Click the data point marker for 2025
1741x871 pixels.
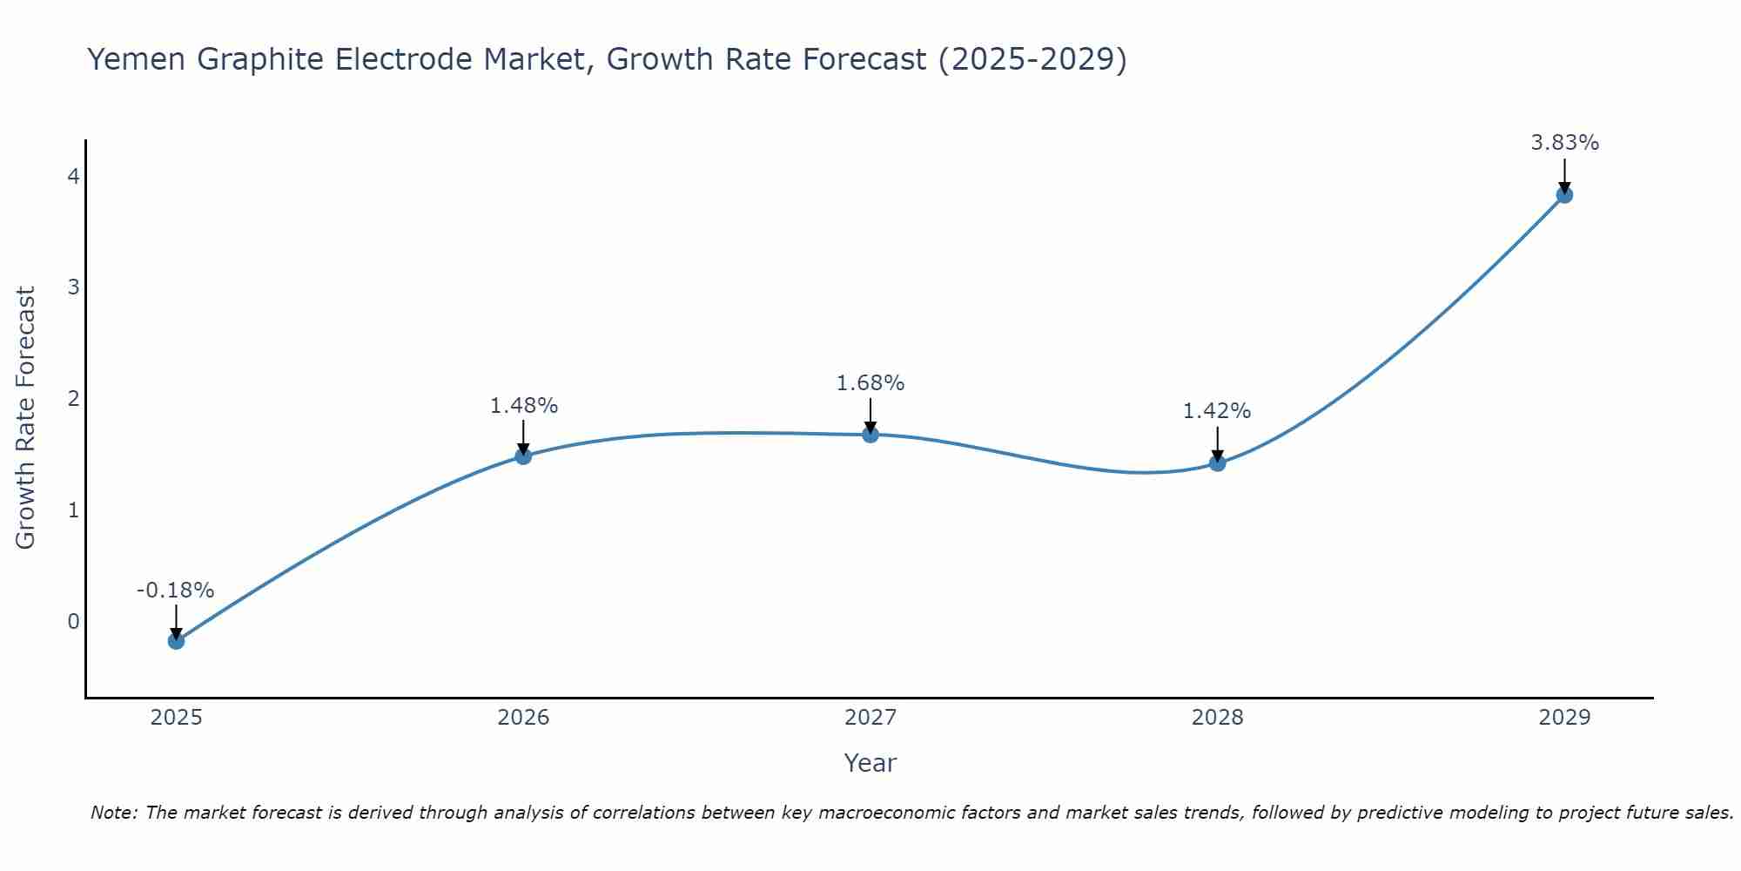click(x=176, y=641)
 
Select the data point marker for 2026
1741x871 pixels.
click(x=523, y=456)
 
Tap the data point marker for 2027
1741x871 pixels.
click(x=870, y=434)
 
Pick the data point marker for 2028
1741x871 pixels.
click(x=1217, y=463)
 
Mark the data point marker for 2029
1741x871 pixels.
click(x=1564, y=195)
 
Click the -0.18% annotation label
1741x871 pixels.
click(x=175, y=591)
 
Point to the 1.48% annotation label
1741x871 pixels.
click(x=523, y=406)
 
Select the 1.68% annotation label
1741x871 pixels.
click(x=870, y=383)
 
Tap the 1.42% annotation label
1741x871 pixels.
click(x=1217, y=411)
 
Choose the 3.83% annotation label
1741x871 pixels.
click(x=1564, y=143)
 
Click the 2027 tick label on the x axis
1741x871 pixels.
click(x=870, y=718)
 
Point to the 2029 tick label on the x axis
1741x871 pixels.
click(x=1564, y=718)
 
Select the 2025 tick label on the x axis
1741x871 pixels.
click(x=176, y=718)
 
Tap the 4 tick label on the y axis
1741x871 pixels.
click(x=74, y=177)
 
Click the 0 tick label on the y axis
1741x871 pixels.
click(x=74, y=622)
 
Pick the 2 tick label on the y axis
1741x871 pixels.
click(x=74, y=399)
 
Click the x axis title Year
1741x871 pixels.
click(x=870, y=763)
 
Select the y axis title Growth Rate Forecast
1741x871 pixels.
click(x=26, y=418)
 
